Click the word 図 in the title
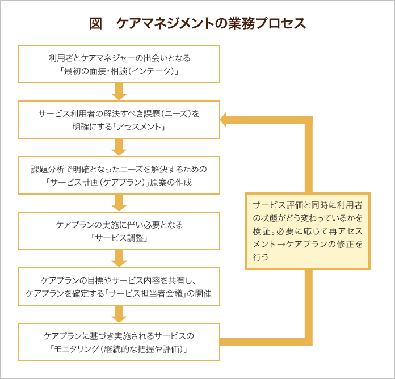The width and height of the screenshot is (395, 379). point(96,23)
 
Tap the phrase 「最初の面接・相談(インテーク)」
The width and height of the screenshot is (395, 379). point(119,71)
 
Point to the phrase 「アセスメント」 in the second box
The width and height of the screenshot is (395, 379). point(139,127)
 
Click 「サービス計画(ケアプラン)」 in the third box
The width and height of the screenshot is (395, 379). point(98,182)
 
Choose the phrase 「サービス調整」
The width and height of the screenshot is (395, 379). point(119,238)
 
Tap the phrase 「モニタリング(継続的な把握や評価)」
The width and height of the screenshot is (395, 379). point(119,349)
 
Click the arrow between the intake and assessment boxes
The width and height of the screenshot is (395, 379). point(119,92)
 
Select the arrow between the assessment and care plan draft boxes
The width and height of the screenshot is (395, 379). point(119,148)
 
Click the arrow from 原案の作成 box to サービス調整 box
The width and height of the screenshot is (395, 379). point(119,203)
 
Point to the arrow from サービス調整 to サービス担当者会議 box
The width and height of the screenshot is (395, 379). point(119,259)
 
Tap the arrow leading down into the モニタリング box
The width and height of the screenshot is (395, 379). point(119,314)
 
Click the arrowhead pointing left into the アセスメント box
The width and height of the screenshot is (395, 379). point(224,120)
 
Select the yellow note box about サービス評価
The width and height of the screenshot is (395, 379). point(308,231)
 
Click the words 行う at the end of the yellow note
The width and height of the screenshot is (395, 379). point(260,257)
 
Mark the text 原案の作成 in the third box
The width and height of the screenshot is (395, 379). point(171,182)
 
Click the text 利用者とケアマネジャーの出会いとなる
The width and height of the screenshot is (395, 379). point(119,58)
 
